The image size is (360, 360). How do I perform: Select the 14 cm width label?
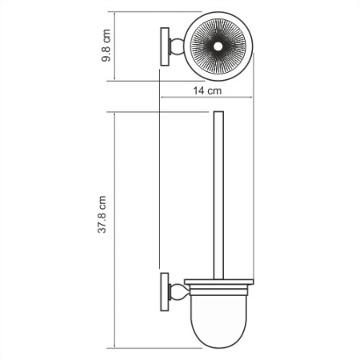(208, 91)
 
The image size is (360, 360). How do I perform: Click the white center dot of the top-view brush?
(216, 49)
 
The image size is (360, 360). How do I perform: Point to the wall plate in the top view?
(164, 49)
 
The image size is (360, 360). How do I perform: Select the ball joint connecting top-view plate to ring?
(174, 49)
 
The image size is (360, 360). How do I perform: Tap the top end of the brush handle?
(216, 115)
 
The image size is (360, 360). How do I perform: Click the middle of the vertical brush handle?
(216, 196)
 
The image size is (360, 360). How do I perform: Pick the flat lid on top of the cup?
(216, 282)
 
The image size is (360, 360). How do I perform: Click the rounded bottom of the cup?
(216, 341)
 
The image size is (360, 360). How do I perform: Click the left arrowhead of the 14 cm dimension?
(163, 100)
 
